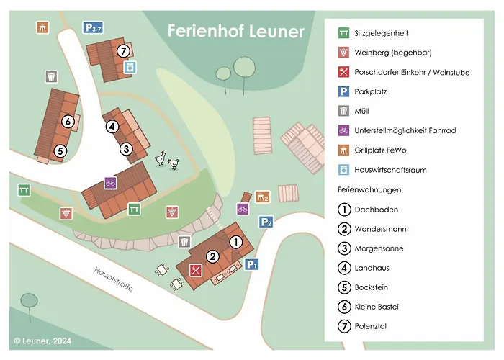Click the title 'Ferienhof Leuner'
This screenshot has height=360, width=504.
click(235, 32)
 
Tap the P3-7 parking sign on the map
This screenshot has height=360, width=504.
click(92, 28)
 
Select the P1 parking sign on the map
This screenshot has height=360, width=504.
click(251, 265)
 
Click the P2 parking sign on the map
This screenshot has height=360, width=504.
click(266, 222)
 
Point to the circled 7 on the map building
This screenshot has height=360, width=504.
click(124, 50)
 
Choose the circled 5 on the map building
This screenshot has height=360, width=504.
click(60, 151)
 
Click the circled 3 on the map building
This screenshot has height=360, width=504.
click(126, 149)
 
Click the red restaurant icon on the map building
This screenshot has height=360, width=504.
click(195, 271)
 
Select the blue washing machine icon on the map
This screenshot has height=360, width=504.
click(130, 68)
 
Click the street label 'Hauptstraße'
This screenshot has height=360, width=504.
click(113, 278)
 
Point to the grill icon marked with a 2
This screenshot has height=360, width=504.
click(262, 197)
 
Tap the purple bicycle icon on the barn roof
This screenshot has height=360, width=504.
click(110, 183)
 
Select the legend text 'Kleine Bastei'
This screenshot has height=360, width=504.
click(377, 307)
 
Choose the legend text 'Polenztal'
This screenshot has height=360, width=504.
click(372, 326)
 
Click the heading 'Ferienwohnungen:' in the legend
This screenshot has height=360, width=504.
click(370, 190)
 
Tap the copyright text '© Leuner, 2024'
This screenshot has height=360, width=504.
click(44, 340)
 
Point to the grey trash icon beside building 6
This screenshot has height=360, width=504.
click(51, 76)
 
